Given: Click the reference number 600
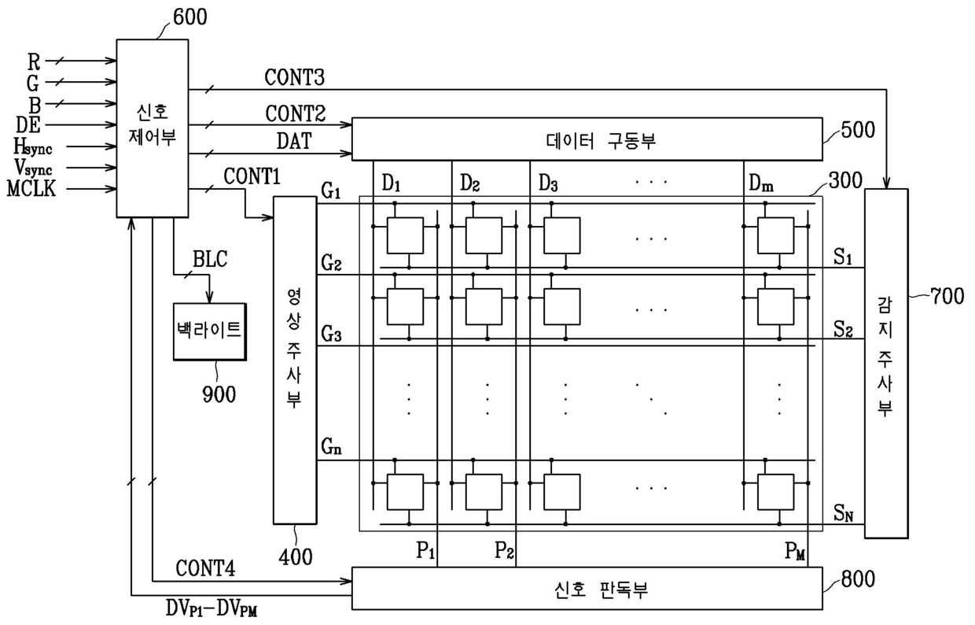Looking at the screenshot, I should click(x=189, y=16).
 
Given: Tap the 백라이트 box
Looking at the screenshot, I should click(x=208, y=331).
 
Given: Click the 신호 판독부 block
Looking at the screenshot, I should click(x=586, y=588).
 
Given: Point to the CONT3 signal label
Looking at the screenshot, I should click(x=294, y=78).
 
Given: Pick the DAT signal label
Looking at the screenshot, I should click(x=293, y=142).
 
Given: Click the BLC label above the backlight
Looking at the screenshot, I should click(x=209, y=260).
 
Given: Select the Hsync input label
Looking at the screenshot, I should click(x=33, y=146).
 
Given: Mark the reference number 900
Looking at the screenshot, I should click(x=218, y=394).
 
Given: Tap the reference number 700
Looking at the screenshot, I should click(x=946, y=298).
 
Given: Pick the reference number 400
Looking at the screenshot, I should click(x=296, y=557).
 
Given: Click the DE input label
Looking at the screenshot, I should click(x=28, y=124).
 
